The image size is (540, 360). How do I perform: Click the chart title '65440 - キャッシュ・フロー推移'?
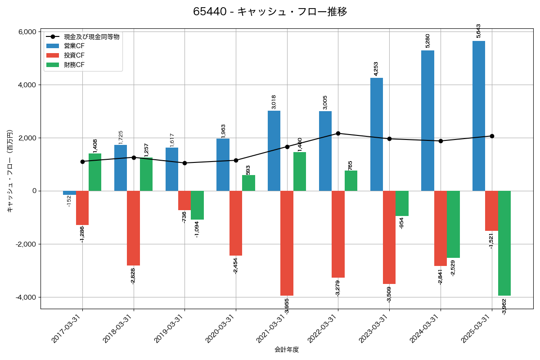click(x=270, y=12)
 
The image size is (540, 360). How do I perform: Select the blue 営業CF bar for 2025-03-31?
click(x=479, y=116)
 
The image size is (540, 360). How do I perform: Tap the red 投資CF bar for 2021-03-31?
click(x=287, y=243)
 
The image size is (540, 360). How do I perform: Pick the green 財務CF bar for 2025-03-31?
click(x=504, y=243)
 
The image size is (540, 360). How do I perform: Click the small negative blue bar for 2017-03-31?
click(x=69, y=193)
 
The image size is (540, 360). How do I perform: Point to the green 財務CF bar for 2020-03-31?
click(x=248, y=183)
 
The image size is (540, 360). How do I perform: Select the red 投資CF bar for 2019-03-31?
click(x=184, y=200)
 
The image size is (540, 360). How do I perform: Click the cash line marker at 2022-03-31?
click(x=338, y=133)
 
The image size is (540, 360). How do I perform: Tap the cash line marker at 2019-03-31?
click(x=184, y=163)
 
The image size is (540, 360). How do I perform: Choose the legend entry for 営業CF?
click(x=74, y=46)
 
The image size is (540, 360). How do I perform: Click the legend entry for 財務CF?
click(x=74, y=65)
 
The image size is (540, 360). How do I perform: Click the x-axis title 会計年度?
click(x=287, y=350)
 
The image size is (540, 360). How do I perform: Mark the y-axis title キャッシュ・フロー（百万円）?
click(x=10, y=171)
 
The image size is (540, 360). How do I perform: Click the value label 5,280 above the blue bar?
click(x=427, y=40)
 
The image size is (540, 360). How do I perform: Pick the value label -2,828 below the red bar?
click(x=133, y=276)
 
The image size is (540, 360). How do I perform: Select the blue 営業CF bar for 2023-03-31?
click(x=377, y=134)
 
